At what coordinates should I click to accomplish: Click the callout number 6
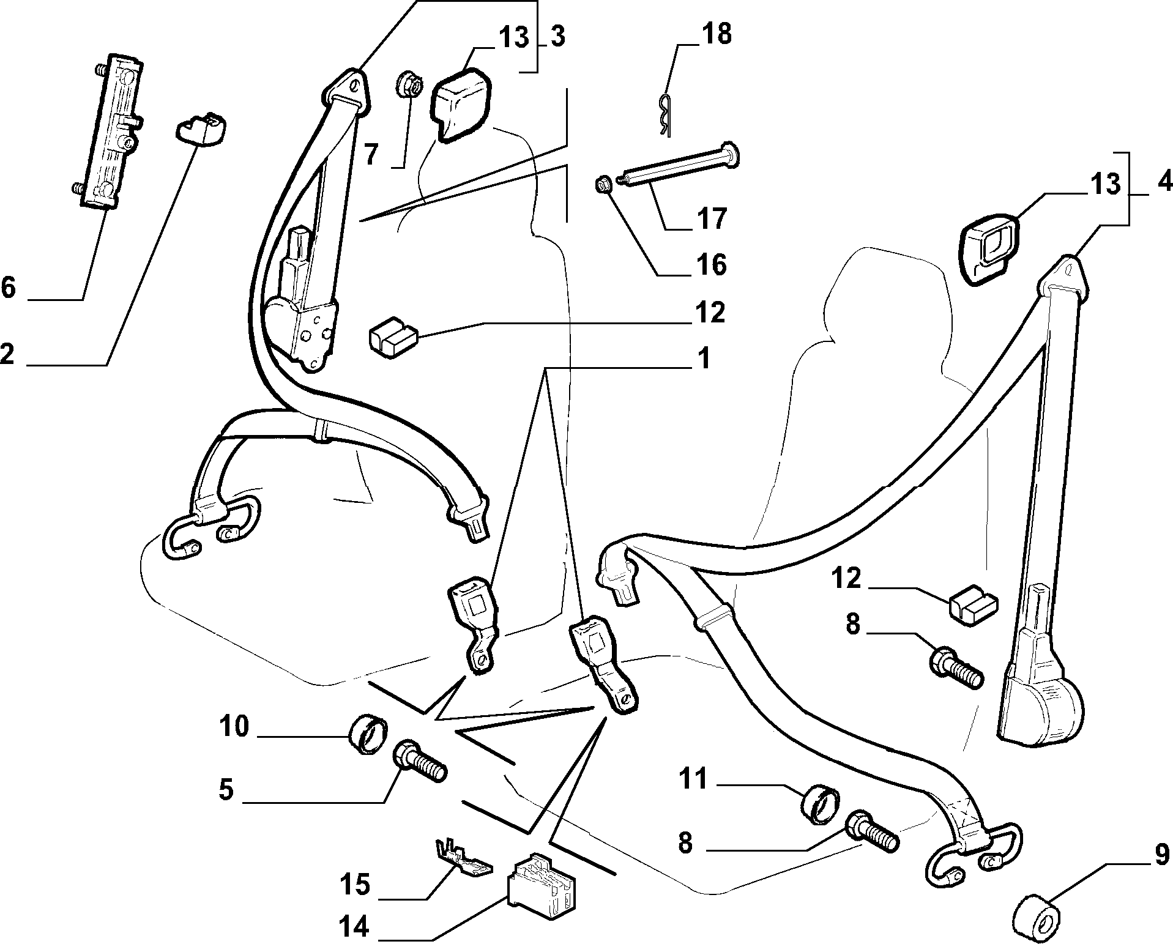tap(9, 286)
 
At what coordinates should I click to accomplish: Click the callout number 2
tap(7, 354)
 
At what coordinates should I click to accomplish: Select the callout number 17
tap(711, 218)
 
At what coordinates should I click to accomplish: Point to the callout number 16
tap(711, 264)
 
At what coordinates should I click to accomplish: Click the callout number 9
tap(1161, 853)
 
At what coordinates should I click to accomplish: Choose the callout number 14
tap(354, 927)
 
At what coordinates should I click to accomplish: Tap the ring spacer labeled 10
tap(368, 734)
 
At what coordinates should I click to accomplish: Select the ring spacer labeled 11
tap(821, 806)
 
